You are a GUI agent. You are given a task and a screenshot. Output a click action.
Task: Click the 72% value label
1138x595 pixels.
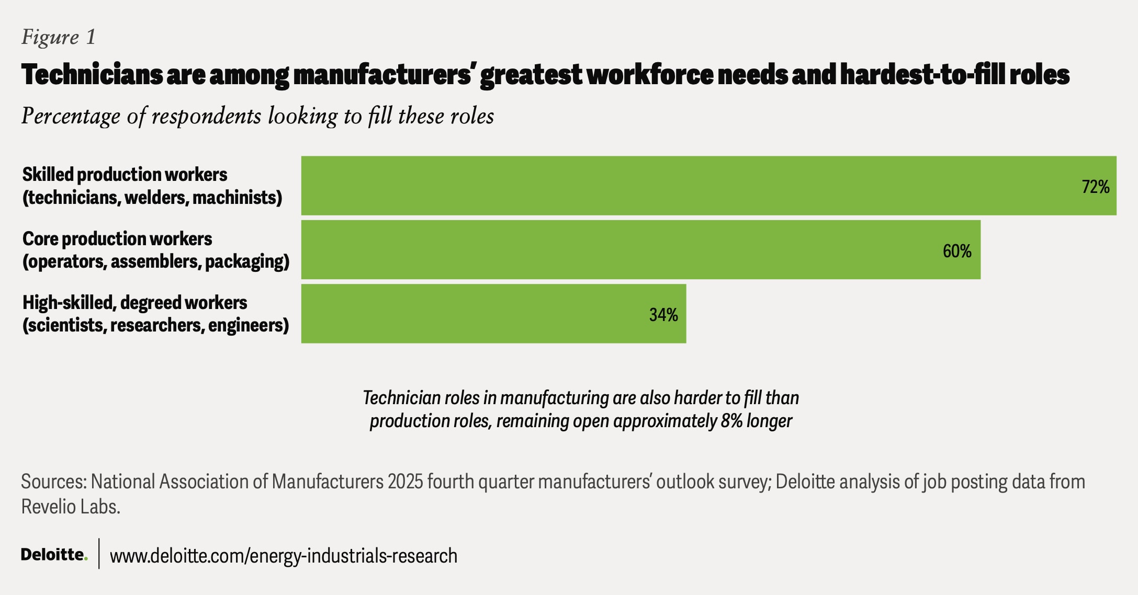click(1096, 187)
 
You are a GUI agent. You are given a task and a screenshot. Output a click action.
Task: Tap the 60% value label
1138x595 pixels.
click(957, 251)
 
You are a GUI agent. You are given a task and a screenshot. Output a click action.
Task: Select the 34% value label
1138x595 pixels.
click(663, 315)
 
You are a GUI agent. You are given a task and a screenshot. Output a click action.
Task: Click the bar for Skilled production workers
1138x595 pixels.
click(709, 186)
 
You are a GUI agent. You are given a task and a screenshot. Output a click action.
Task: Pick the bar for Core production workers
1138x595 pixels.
click(641, 249)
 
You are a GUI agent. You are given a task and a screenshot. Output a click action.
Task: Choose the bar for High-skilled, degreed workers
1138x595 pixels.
click(493, 314)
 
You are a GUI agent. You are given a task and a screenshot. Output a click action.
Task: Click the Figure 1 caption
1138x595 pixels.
click(59, 37)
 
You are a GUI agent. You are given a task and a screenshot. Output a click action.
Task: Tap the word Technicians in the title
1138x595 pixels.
click(92, 74)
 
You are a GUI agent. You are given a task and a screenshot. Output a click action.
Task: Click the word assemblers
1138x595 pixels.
click(155, 261)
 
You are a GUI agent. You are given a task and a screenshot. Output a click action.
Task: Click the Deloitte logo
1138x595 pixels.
click(54, 554)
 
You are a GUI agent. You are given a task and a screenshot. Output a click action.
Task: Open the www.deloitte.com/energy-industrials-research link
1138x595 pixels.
click(284, 556)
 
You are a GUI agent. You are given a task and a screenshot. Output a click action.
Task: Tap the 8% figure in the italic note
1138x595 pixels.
click(731, 421)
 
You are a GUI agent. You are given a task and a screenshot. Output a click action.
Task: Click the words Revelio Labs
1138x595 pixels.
click(71, 507)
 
